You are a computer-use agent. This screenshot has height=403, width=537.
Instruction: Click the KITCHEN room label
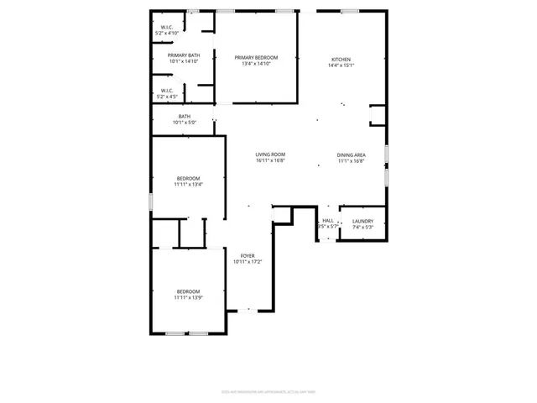point(341,59)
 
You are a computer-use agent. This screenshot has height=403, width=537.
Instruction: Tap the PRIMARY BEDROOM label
point(256,57)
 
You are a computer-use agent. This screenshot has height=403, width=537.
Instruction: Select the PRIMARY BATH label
point(184,55)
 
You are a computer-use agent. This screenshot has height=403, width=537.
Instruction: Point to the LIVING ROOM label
point(271,154)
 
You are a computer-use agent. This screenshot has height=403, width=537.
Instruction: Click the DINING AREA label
point(351,154)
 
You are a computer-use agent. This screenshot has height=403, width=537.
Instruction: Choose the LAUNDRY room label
point(362,221)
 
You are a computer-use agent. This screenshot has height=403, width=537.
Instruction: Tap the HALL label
point(327,221)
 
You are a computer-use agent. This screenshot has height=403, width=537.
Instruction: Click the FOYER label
point(248,255)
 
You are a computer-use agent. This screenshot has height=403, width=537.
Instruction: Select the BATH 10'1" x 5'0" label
point(185,117)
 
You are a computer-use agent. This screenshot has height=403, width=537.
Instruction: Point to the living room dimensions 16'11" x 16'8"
point(271,160)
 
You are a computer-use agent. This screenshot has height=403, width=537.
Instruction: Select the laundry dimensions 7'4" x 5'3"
point(362,227)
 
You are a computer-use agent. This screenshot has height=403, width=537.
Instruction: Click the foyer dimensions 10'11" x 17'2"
point(248,261)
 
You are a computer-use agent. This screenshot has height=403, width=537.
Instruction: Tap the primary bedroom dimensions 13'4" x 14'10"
point(256,63)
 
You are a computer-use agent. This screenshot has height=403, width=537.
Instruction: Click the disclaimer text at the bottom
point(268,390)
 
